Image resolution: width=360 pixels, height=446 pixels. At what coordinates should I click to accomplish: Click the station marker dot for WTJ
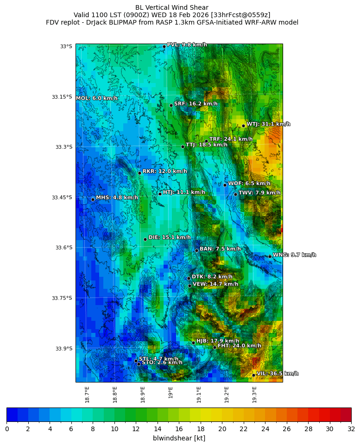point(243,126)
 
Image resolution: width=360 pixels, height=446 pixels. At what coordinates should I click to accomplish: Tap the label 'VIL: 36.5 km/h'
point(277,374)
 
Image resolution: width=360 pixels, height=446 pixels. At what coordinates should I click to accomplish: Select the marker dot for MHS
point(93,199)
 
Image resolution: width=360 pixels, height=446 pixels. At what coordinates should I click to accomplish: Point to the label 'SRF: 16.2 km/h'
point(196,104)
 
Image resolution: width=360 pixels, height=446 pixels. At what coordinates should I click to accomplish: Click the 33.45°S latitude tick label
point(62,198)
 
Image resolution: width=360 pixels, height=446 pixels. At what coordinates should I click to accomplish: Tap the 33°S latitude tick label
point(66,46)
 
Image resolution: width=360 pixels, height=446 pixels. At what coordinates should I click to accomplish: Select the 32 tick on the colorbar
point(351,429)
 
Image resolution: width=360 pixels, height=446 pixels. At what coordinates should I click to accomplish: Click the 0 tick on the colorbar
point(7,429)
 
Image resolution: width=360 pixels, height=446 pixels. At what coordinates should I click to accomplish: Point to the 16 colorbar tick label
point(179,429)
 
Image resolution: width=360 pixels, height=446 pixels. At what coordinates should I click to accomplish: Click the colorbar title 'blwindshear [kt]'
point(179,438)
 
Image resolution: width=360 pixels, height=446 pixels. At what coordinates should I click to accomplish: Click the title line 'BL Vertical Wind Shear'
point(172,7)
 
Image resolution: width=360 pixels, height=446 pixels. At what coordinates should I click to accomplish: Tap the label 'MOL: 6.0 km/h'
point(97,98)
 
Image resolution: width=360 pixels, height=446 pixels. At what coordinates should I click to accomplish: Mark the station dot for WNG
point(270,256)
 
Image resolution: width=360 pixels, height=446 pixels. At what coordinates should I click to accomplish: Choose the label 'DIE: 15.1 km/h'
point(170,237)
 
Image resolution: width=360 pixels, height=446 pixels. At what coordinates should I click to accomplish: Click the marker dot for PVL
point(164,46)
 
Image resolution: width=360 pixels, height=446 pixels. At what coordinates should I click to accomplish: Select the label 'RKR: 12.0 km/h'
point(164,171)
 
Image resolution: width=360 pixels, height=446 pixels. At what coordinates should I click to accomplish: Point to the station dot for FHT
point(215,347)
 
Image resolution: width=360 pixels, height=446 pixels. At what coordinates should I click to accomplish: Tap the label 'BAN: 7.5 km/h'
point(220,249)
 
